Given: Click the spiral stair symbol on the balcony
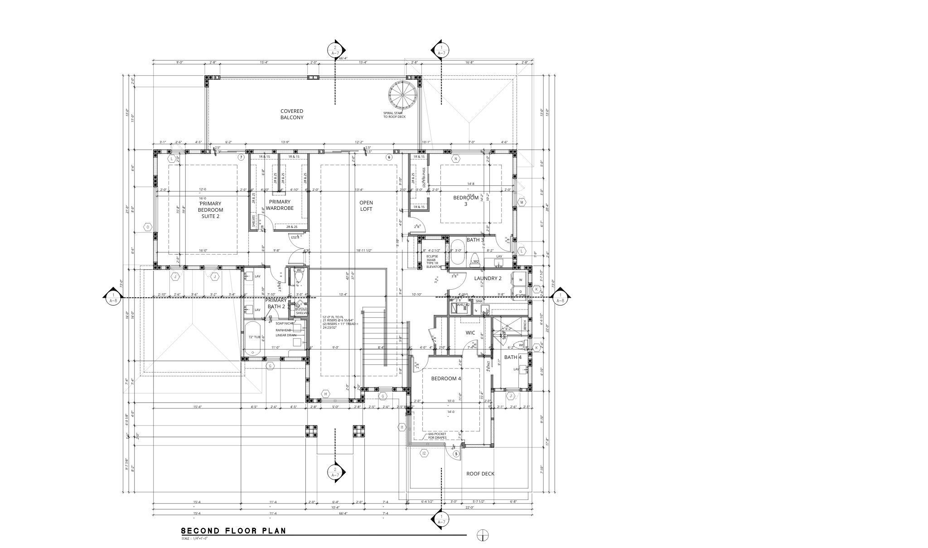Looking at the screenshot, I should pyautogui.click(x=402, y=95).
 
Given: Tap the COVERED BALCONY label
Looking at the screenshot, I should pyautogui.click(x=291, y=114).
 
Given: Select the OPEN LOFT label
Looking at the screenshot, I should pyautogui.click(x=366, y=206).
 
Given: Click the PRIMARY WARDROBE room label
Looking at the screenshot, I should pyautogui.click(x=280, y=205).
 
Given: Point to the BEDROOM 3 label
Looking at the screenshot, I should pyautogui.click(x=466, y=201).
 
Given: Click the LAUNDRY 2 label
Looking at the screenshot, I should pyautogui.click(x=488, y=278).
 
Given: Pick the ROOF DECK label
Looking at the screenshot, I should pyautogui.click(x=480, y=474).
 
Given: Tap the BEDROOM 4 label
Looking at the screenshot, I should pyautogui.click(x=446, y=378).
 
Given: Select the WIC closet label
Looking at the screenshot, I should pyautogui.click(x=470, y=333).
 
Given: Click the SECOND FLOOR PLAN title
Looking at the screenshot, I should pyautogui.click(x=233, y=531).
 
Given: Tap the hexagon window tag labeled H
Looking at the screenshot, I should pyautogui.click(x=325, y=394).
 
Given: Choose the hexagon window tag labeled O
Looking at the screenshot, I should pyautogui.click(x=148, y=227).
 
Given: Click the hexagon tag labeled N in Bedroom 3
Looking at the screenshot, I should pyautogui.click(x=456, y=159).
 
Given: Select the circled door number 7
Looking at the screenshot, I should pyautogui.click(x=241, y=157).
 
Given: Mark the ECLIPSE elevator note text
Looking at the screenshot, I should pyautogui.click(x=433, y=262).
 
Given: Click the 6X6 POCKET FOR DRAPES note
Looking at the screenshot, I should pyautogui.click(x=437, y=436).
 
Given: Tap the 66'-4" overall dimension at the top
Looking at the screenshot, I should pyautogui.click(x=343, y=58).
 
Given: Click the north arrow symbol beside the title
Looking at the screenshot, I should pyautogui.click(x=483, y=535).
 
